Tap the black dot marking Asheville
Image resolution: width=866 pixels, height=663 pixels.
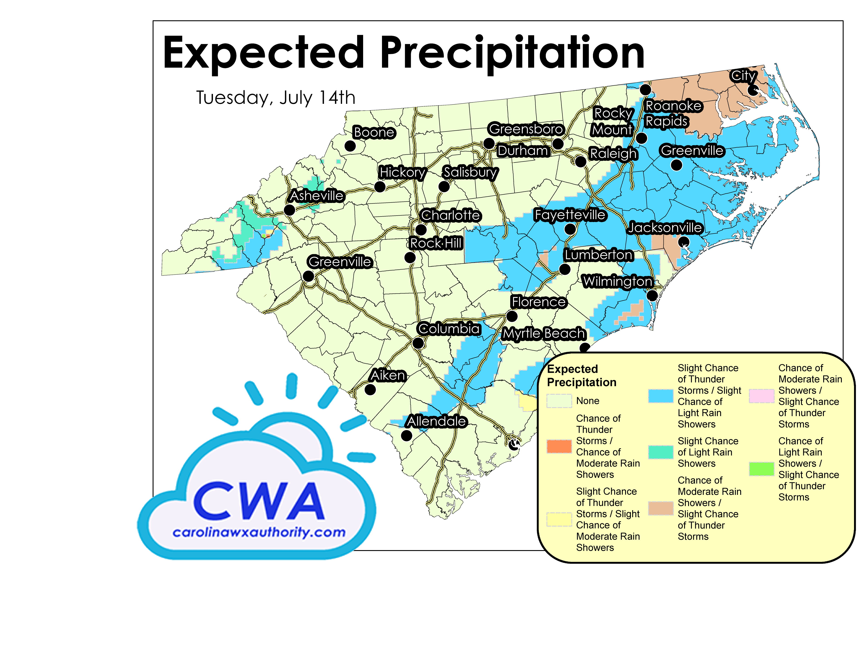tap(290, 210)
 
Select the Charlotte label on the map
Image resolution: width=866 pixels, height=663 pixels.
tap(450, 215)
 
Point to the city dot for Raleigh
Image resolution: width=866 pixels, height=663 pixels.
tap(580, 161)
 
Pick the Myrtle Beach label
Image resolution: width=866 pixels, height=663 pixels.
tap(543, 333)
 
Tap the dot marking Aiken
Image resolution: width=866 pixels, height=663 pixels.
tap(370, 390)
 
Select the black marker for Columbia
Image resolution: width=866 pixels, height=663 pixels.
tap(418, 343)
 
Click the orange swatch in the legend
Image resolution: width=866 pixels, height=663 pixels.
tap(559, 446)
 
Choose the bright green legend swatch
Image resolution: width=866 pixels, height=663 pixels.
tap(761, 469)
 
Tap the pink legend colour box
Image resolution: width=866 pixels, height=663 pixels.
tap(761, 396)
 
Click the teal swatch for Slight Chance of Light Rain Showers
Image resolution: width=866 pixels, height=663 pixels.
tap(660, 452)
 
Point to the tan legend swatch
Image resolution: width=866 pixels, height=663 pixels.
tap(660, 508)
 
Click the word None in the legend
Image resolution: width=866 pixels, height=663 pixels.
tap(587, 401)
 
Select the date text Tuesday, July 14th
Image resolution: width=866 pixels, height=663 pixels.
tap(276, 97)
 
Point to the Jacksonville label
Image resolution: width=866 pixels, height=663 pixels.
tap(665, 228)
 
